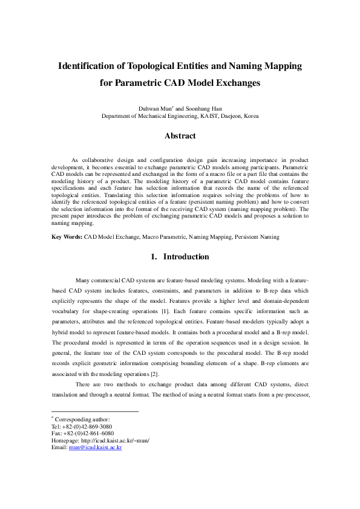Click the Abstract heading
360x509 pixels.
pos(180,136)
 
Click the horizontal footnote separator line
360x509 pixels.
pos(95,412)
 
